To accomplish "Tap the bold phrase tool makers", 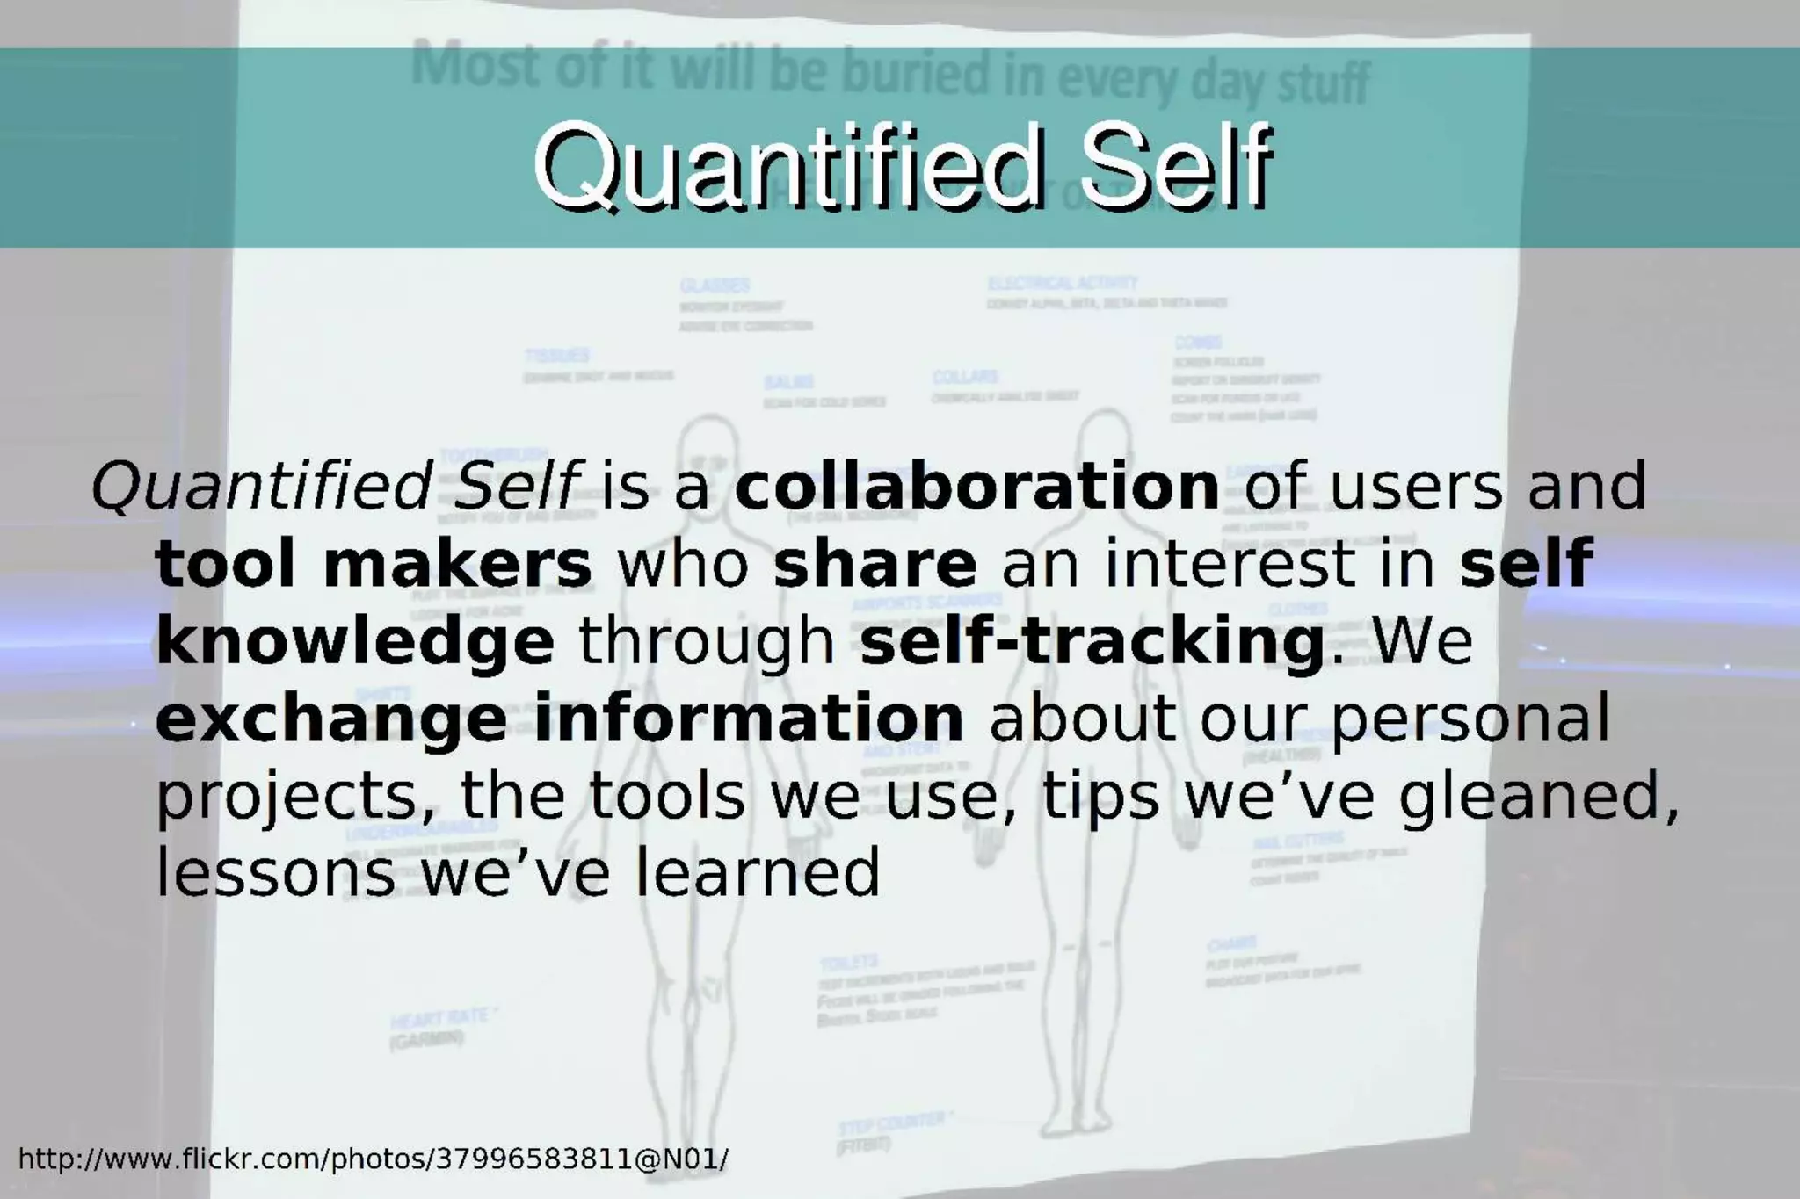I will tap(374, 564).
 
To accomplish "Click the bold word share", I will tap(875, 564).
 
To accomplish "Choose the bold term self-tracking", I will tap(1091, 641).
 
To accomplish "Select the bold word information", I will tap(748, 717).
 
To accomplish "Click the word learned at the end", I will tap(757, 871).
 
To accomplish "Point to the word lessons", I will tap(275, 873).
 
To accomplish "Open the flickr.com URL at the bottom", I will tap(373, 1159).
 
